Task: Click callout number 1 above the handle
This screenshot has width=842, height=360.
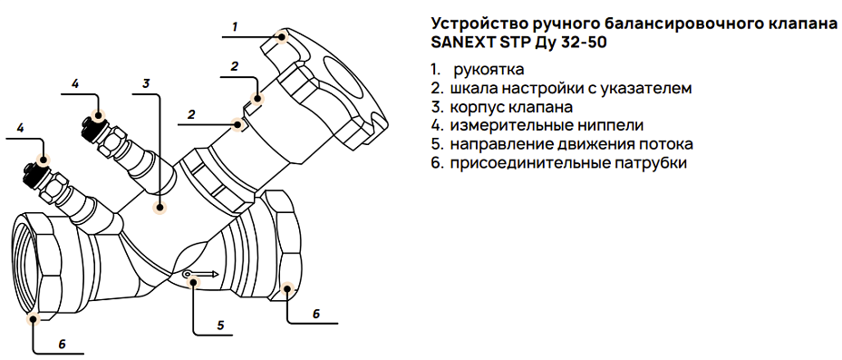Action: [x=234, y=26]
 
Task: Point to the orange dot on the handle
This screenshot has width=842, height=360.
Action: [x=282, y=38]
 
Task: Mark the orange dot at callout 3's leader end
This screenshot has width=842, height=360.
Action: [x=159, y=208]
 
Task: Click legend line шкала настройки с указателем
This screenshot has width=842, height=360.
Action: [x=562, y=89]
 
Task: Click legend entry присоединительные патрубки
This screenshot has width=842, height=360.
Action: [x=558, y=163]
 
